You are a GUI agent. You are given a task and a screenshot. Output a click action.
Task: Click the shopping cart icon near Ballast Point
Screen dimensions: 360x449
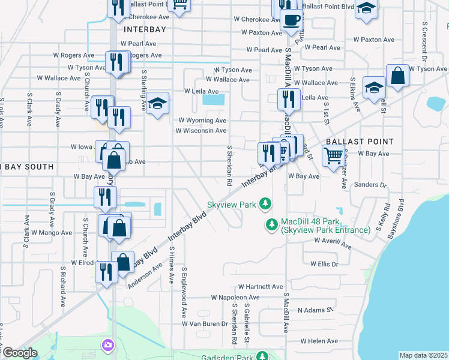333,156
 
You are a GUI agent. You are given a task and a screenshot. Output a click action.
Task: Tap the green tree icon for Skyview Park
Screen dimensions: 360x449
265,205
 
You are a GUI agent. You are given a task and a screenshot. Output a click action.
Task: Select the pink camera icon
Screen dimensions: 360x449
107,345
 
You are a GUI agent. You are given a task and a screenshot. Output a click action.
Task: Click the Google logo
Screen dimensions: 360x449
19,353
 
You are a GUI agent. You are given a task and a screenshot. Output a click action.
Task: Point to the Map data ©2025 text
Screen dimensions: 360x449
423,355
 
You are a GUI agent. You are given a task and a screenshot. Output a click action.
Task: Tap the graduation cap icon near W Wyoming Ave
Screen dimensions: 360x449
157,105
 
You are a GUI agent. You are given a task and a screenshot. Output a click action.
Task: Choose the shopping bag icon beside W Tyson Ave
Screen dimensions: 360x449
397,76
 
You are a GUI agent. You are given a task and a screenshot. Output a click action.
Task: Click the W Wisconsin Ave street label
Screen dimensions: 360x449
201,130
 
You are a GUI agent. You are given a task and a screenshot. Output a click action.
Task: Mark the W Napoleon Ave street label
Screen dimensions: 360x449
235,297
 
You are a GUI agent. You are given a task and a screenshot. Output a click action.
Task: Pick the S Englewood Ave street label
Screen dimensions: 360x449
184,293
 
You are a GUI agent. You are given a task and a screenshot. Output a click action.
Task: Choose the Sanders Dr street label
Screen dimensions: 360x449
369,184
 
